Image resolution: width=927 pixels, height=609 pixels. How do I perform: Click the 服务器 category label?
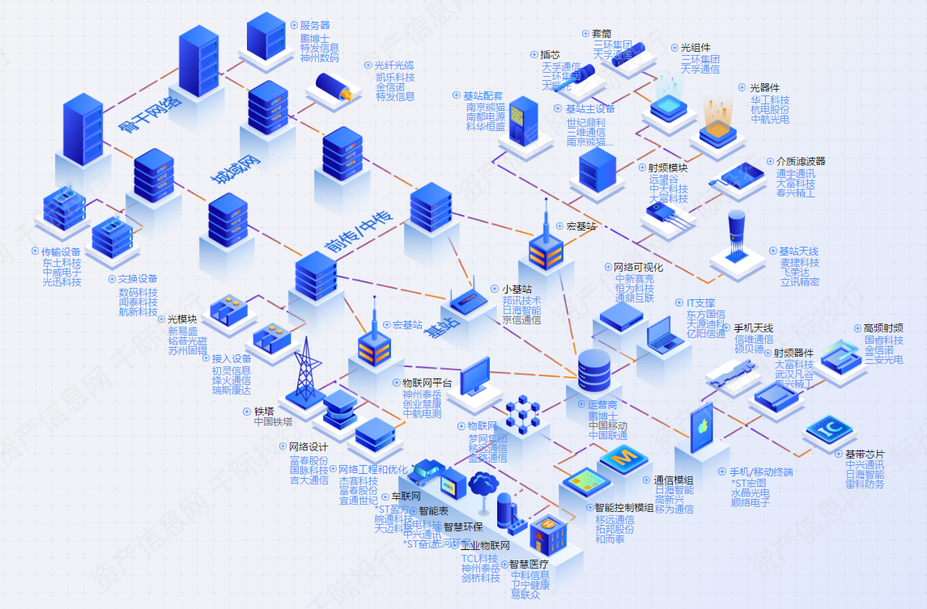314,25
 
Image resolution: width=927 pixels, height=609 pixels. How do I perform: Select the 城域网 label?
237,168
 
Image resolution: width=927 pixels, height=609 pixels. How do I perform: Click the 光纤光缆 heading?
393,66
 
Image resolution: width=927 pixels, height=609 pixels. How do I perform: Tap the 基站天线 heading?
798,252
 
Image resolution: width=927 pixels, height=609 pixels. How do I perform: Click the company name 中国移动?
608,425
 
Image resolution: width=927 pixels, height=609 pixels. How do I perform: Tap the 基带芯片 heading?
865,455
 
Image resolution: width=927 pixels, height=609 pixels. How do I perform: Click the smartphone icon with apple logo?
701,430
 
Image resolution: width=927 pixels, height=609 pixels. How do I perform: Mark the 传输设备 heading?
62,252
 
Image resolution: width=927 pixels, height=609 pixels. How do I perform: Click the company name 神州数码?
319,58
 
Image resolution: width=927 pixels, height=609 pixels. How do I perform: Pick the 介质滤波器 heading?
801,162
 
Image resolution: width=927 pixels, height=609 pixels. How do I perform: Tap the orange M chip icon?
623,459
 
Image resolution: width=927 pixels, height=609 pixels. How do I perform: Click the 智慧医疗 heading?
529,565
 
